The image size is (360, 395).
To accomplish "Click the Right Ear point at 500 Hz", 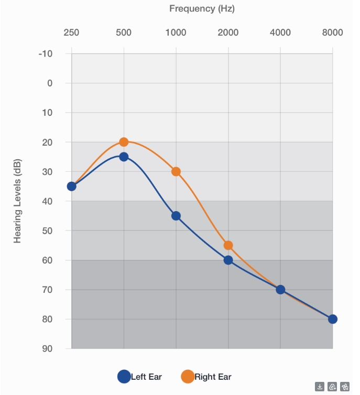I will pyautogui.click(x=124, y=142).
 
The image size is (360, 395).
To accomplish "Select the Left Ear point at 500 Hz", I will pyautogui.click(x=124, y=157).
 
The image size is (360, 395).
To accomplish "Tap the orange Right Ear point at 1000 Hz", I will pyautogui.click(x=176, y=171).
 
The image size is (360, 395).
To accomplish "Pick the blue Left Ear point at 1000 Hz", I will pyautogui.click(x=176, y=216).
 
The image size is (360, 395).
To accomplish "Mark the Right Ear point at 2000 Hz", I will pyautogui.click(x=228, y=245).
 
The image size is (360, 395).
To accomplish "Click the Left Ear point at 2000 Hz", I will pyautogui.click(x=228, y=260).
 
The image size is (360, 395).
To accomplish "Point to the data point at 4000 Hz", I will pyautogui.click(x=280, y=290).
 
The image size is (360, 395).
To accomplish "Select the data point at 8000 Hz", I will pyautogui.click(x=333, y=319).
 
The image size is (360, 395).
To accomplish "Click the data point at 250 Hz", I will pyautogui.click(x=72, y=186).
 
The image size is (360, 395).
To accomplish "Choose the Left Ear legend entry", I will pyautogui.click(x=140, y=377).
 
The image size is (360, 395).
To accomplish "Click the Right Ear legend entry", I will pyautogui.click(x=206, y=377).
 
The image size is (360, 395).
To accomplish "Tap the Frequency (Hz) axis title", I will pyautogui.click(x=202, y=8).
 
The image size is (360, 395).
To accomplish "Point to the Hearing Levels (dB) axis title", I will pyautogui.click(x=17, y=201).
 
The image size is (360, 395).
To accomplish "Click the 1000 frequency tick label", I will pyautogui.click(x=176, y=32).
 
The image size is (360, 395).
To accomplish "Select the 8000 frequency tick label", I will pyautogui.click(x=332, y=32).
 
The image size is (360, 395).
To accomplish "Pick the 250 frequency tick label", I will pyautogui.click(x=71, y=32).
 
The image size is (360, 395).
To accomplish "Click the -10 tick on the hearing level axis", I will pyautogui.click(x=46, y=53).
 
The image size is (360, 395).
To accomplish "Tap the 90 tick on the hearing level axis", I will pyautogui.click(x=47, y=348).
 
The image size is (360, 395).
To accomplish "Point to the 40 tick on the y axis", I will pyautogui.click(x=47, y=201).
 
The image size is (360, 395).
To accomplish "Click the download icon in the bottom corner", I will pyautogui.click(x=320, y=387).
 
